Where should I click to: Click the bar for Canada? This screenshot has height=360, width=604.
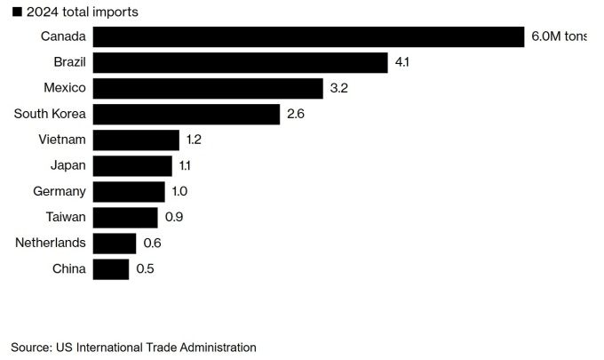click(x=308, y=37)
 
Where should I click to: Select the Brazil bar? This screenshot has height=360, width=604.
click(x=241, y=63)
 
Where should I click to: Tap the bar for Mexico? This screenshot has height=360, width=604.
click(x=208, y=89)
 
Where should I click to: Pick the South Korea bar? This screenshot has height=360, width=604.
click(x=187, y=115)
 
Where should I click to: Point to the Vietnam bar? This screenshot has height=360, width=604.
click(x=136, y=140)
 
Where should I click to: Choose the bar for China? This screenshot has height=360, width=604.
click(x=111, y=269)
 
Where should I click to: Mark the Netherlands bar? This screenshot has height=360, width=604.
click(x=115, y=244)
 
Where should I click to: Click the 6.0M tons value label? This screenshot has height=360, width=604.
click(x=559, y=36)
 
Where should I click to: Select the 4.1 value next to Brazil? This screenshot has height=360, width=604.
click(x=401, y=62)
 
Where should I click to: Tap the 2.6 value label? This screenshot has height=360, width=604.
click(x=296, y=114)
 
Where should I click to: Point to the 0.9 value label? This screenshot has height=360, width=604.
click(x=174, y=217)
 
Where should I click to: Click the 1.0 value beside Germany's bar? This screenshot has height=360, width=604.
click(x=179, y=191)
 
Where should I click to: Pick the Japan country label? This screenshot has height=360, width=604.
click(x=68, y=165)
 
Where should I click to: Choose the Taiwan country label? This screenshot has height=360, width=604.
click(x=66, y=217)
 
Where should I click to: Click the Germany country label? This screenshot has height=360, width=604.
click(x=60, y=192)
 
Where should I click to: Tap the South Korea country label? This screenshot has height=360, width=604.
click(x=50, y=114)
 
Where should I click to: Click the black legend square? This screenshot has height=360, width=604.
click(x=17, y=12)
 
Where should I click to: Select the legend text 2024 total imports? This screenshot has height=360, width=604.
click(x=82, y=12)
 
